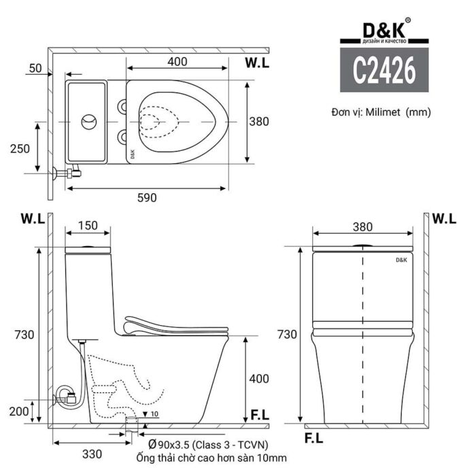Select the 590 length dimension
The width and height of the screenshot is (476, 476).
(x=147, y=198)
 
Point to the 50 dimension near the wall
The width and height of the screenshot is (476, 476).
(x=35, y=68)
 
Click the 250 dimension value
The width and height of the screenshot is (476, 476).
(x=20, y=148)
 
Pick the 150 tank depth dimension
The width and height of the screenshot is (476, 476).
(x=88, y=225)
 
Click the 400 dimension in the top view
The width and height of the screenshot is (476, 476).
(x=177, y=62)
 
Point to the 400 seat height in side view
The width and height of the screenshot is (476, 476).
(x=258, y=379)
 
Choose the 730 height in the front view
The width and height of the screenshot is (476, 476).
(x=288, y=334)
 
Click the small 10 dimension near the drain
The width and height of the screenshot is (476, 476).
(x=154, y=414)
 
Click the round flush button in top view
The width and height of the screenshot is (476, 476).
(x=88, y=122)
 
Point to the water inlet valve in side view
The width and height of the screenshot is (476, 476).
(x=65, y=394)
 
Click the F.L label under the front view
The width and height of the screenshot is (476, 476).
(x=313, y=438)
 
